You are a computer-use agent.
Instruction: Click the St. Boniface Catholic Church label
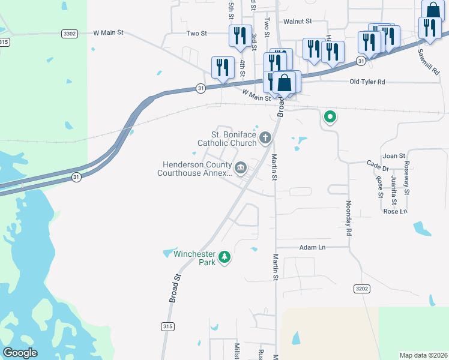(x=228, y=139)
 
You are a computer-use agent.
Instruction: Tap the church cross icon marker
(x=265, y=139)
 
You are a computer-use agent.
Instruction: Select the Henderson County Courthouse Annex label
(x=194, y=169)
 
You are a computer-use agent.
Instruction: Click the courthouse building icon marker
(x=241, y=168)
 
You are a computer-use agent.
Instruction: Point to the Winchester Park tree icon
(x=224, y=257)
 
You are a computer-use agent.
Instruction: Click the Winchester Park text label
(x=194, y=259)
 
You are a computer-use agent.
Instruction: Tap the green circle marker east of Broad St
(x=329, y=117)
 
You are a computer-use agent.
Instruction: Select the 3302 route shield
(x=69, y=34)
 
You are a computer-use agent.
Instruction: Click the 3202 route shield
(x=361, y=289)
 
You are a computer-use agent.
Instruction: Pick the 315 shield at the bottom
(x=169, y=326)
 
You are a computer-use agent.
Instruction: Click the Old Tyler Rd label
(x=367, y=82)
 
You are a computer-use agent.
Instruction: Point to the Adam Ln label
(x=312, y=247)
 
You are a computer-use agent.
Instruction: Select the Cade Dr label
(x=378, y=162)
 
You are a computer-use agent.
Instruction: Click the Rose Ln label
(x=395, y=211)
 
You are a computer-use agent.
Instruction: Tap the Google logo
(x=20, y=353)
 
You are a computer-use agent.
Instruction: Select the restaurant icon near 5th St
(x=240, y=35)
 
